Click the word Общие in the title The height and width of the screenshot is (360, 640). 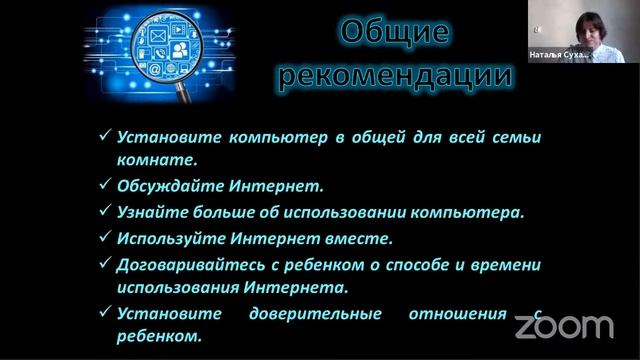click(x=397, y=32)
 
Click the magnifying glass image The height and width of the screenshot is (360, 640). click(x=160, y=50)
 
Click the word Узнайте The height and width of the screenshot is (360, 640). click(x=151, y=212)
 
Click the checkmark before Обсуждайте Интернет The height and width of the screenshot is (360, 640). click(x=105, y=186)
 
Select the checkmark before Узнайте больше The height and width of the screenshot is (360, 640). click(x=105, y=212)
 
